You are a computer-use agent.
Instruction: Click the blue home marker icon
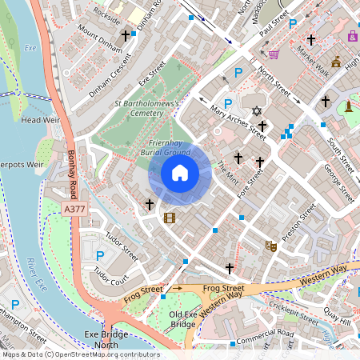pyautogui.click(x=179, y=173)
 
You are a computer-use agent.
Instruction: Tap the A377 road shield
pyautogui.click(x=73, y=208)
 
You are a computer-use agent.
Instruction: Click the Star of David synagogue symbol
pyautogui.click(x=256, y=110)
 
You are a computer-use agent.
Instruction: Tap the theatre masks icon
pyautogui.click(x=270, y=247)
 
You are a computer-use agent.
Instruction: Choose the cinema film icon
pyautogui.click(x=169, y=217)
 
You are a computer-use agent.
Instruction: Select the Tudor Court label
pyautogui.click(x=110, y=278)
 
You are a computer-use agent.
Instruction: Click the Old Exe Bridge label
pyautogui.click(x=183, y=318)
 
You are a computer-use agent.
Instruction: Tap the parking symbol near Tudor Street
pyautogui.click(x=100, y=255)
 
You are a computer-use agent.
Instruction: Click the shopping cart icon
pyautogui.click(x=274, y=54)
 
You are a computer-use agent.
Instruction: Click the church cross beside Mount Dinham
pyautogui.click(x=125, y=36)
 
